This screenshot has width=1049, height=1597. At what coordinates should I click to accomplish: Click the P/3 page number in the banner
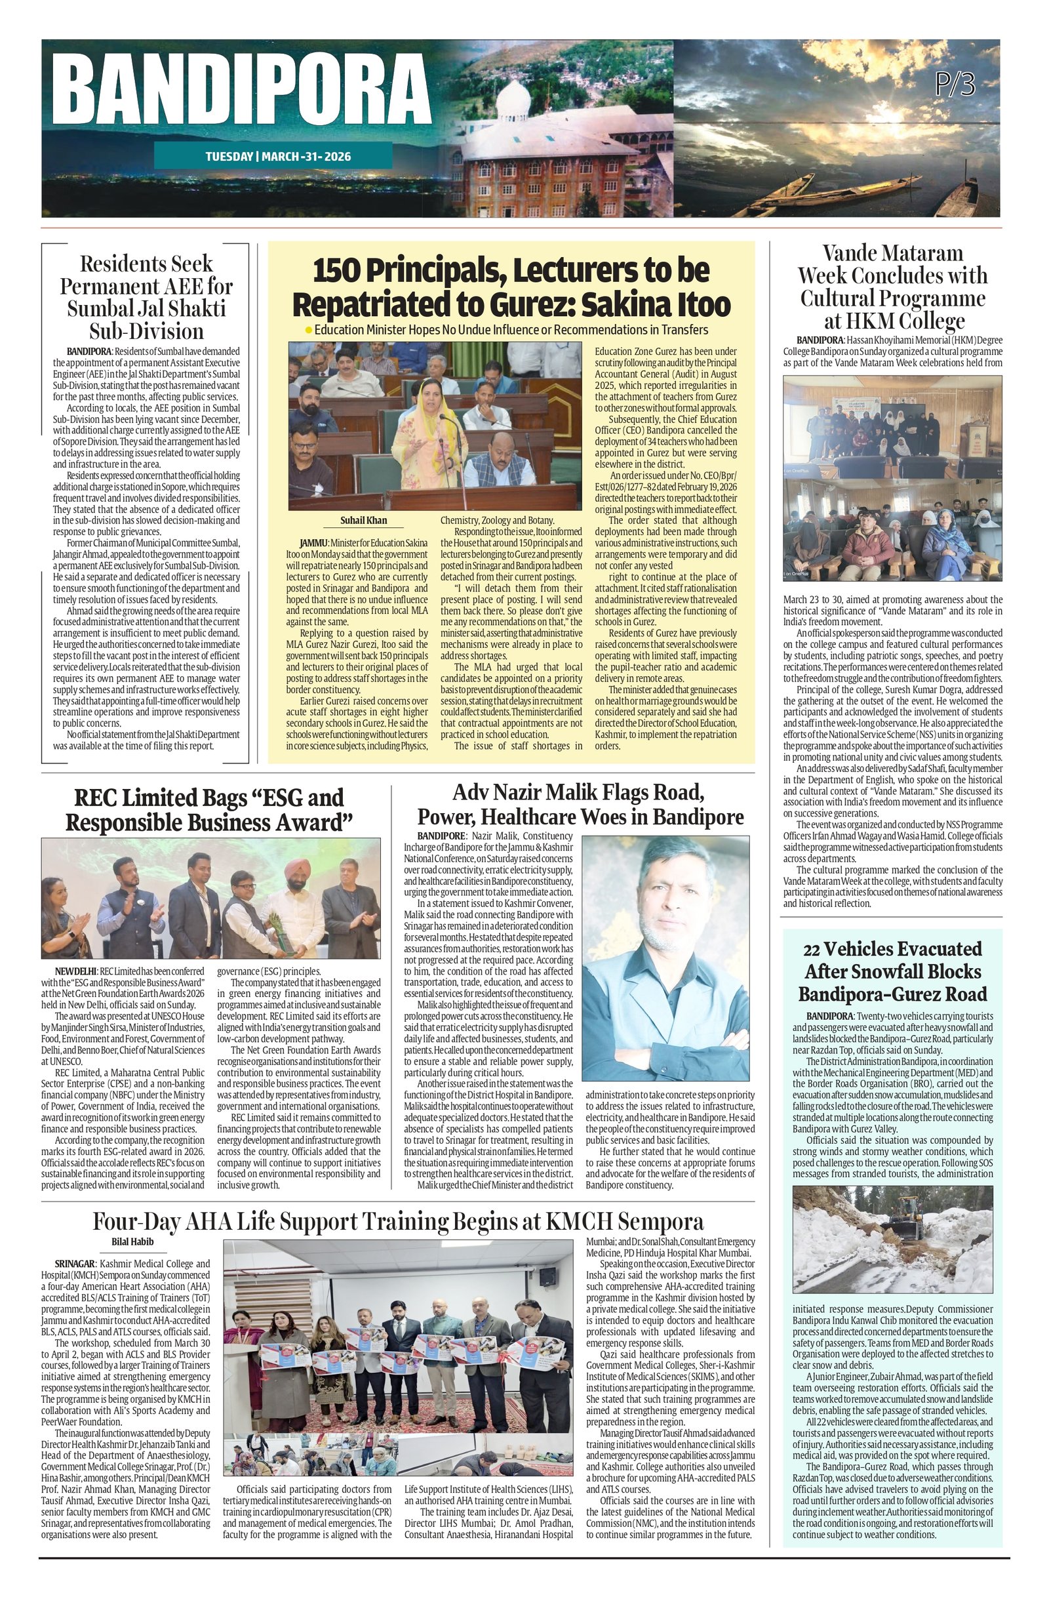point(955,85)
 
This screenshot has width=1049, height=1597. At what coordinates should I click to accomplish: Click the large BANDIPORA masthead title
point(240,94)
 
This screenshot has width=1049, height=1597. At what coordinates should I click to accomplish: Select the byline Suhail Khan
point(363,521)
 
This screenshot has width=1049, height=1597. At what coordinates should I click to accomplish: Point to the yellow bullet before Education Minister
point(308,330)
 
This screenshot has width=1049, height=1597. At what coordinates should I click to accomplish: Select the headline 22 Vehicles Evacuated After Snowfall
point(892,971)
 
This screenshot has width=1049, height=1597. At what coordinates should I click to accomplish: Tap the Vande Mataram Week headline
point(892,287)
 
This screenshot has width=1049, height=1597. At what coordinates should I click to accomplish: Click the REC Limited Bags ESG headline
point(208,809)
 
